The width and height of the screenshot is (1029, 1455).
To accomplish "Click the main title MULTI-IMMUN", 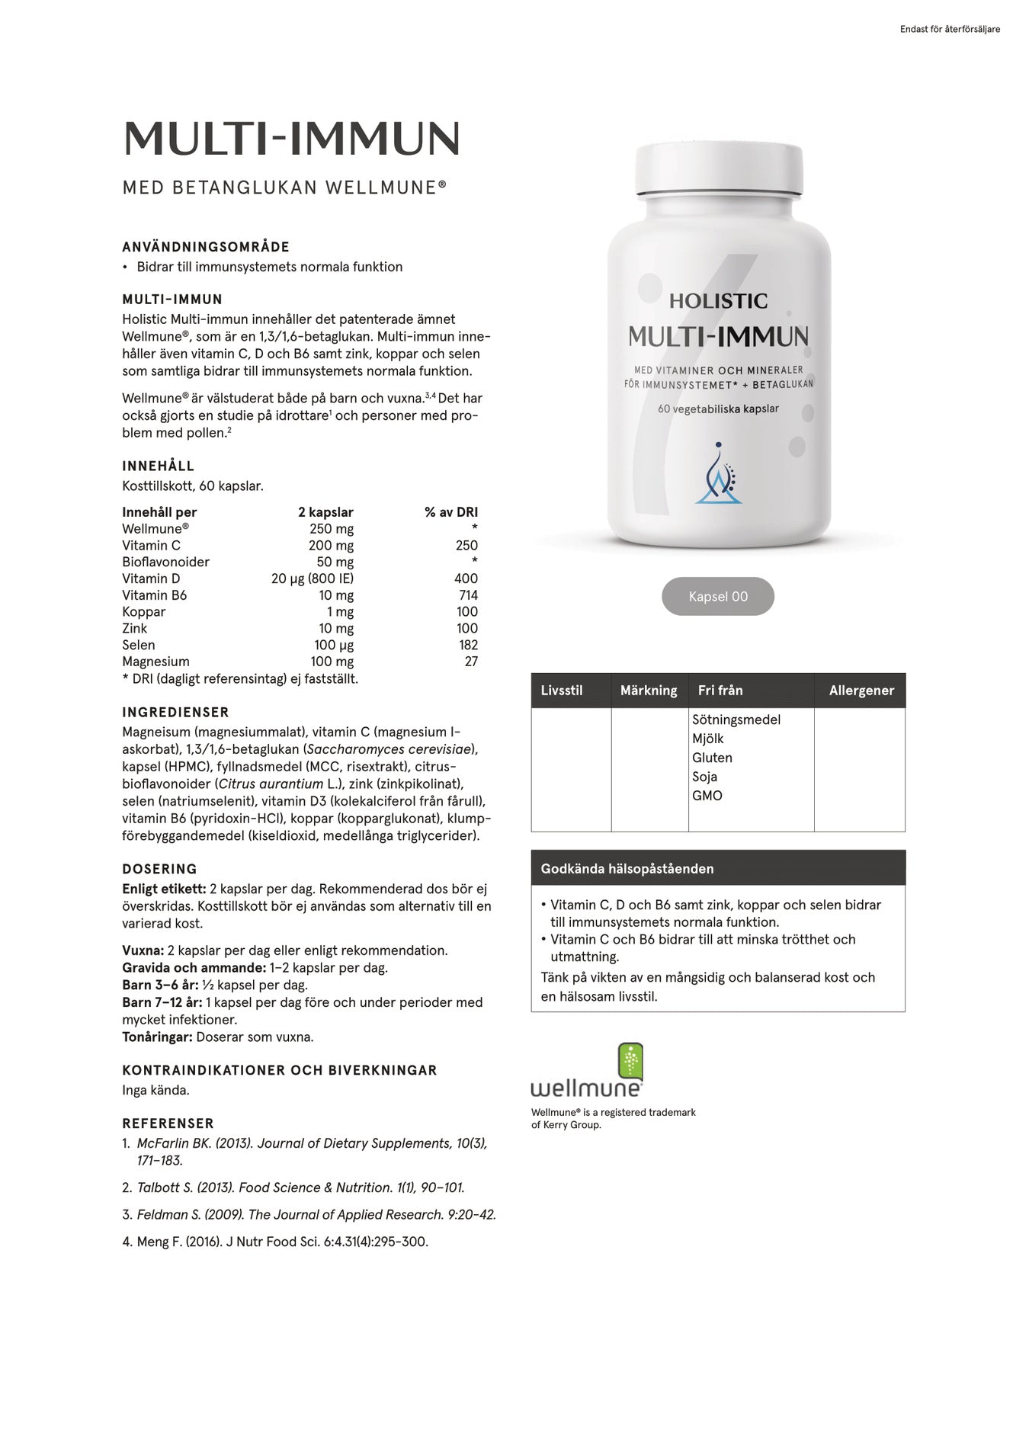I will (291, 139).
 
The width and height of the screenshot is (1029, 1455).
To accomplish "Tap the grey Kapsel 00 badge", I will (717, 596).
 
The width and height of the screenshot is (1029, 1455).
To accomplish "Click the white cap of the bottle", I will (719, 168).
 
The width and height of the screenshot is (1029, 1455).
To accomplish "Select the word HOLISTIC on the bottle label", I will (718, 301).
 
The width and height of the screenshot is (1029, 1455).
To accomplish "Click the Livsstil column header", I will (562, 691).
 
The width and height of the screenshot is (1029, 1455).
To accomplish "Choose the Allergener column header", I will (861, 691).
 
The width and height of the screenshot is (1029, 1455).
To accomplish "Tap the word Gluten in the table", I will (712, 758).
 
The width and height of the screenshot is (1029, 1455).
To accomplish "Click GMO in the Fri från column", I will (707, 795).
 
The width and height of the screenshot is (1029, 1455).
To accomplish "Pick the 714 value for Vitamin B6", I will (468, 595).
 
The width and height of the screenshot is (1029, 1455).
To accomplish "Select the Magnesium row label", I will (155, 662).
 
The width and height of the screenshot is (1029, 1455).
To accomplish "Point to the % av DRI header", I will (451, 512).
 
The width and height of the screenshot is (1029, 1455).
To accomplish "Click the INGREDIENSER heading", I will (175, 713).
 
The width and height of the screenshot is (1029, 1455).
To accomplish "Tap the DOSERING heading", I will (159, 869).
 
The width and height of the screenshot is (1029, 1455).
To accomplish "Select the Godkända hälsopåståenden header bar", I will (717, 868).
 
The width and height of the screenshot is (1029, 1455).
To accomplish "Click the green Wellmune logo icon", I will (630, 1062).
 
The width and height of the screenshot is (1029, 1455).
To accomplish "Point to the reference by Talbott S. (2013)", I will (300, 1187).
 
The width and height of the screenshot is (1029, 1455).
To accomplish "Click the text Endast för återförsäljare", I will (950, 30).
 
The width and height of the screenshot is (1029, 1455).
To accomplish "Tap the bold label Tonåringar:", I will (157, 1037).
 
